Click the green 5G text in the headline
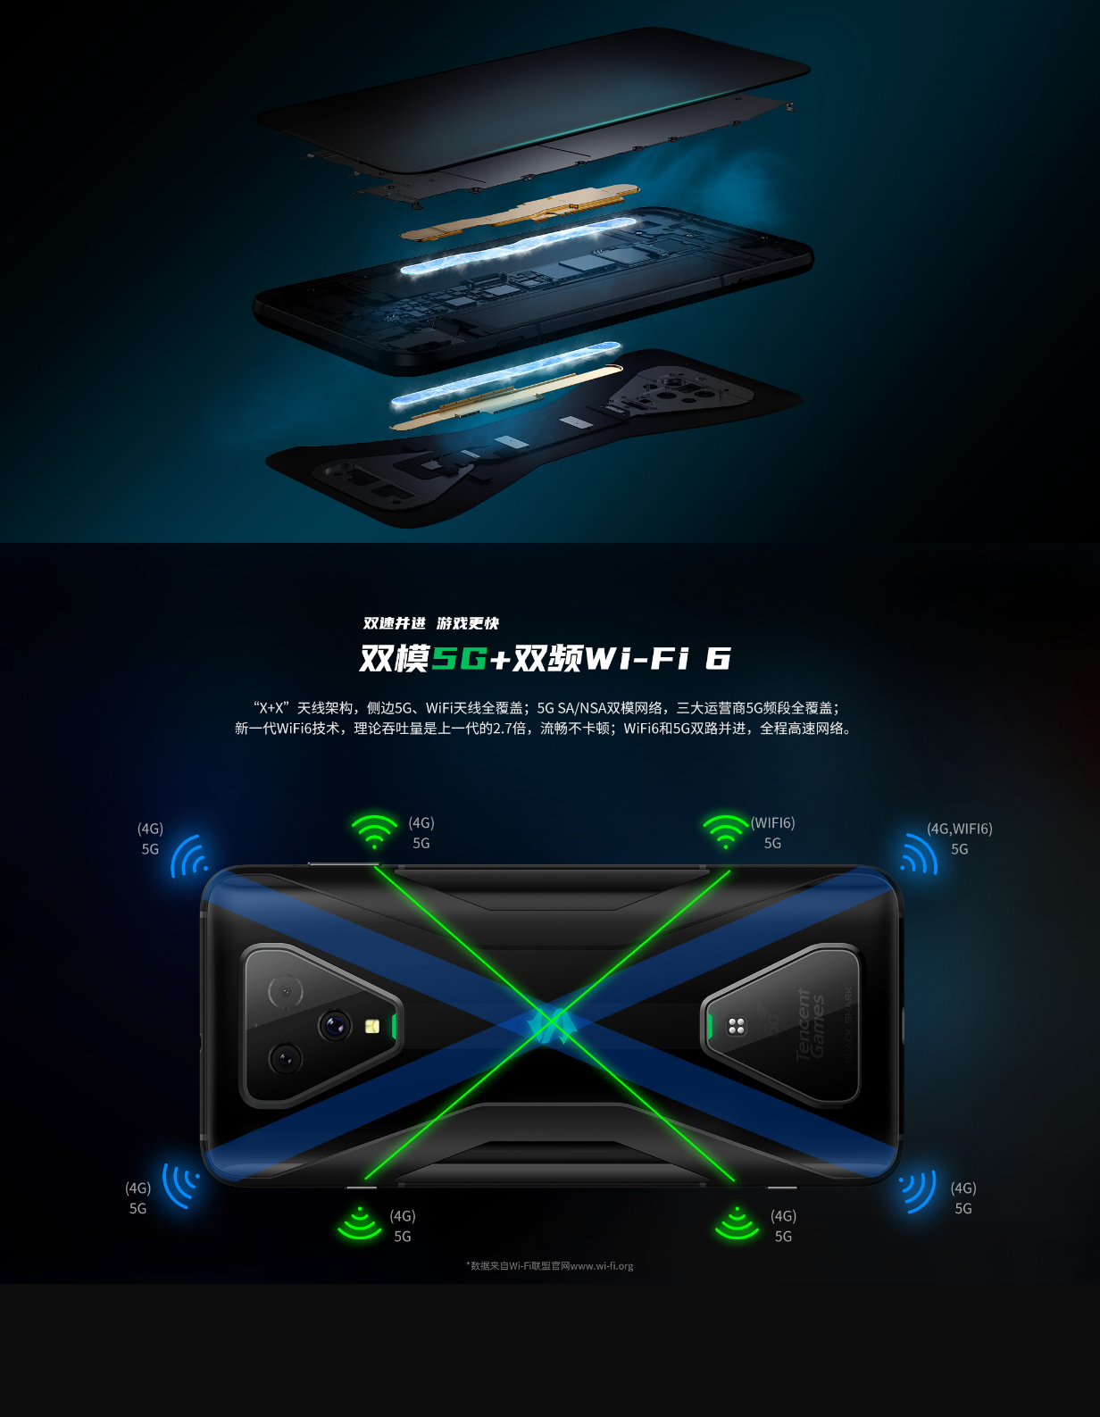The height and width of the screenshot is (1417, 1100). coord(460,658)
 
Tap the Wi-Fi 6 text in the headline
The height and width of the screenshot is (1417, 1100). coord(658,658)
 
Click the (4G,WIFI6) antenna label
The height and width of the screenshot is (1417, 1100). coord(959,829)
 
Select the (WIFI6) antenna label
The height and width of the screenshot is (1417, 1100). coord(772,823)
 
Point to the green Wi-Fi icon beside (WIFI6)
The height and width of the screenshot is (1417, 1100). coord(726,831)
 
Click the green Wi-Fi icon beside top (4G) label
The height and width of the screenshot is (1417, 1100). coord(374,831)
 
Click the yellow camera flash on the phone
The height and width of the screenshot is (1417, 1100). coord(372,1027)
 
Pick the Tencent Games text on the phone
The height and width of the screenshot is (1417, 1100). coord(809,1024)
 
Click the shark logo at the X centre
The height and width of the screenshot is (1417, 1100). coord(550,1026)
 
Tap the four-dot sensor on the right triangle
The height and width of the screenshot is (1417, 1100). coord(736,1027)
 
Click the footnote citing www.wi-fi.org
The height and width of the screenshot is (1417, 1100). coord(550,1266)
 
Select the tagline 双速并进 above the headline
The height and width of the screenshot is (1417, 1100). coord(394,623)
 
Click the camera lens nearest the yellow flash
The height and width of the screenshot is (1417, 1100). coord(335,1026)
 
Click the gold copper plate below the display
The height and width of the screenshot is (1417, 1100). coord(520,212)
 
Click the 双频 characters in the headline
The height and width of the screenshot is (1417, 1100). coord(547,658)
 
